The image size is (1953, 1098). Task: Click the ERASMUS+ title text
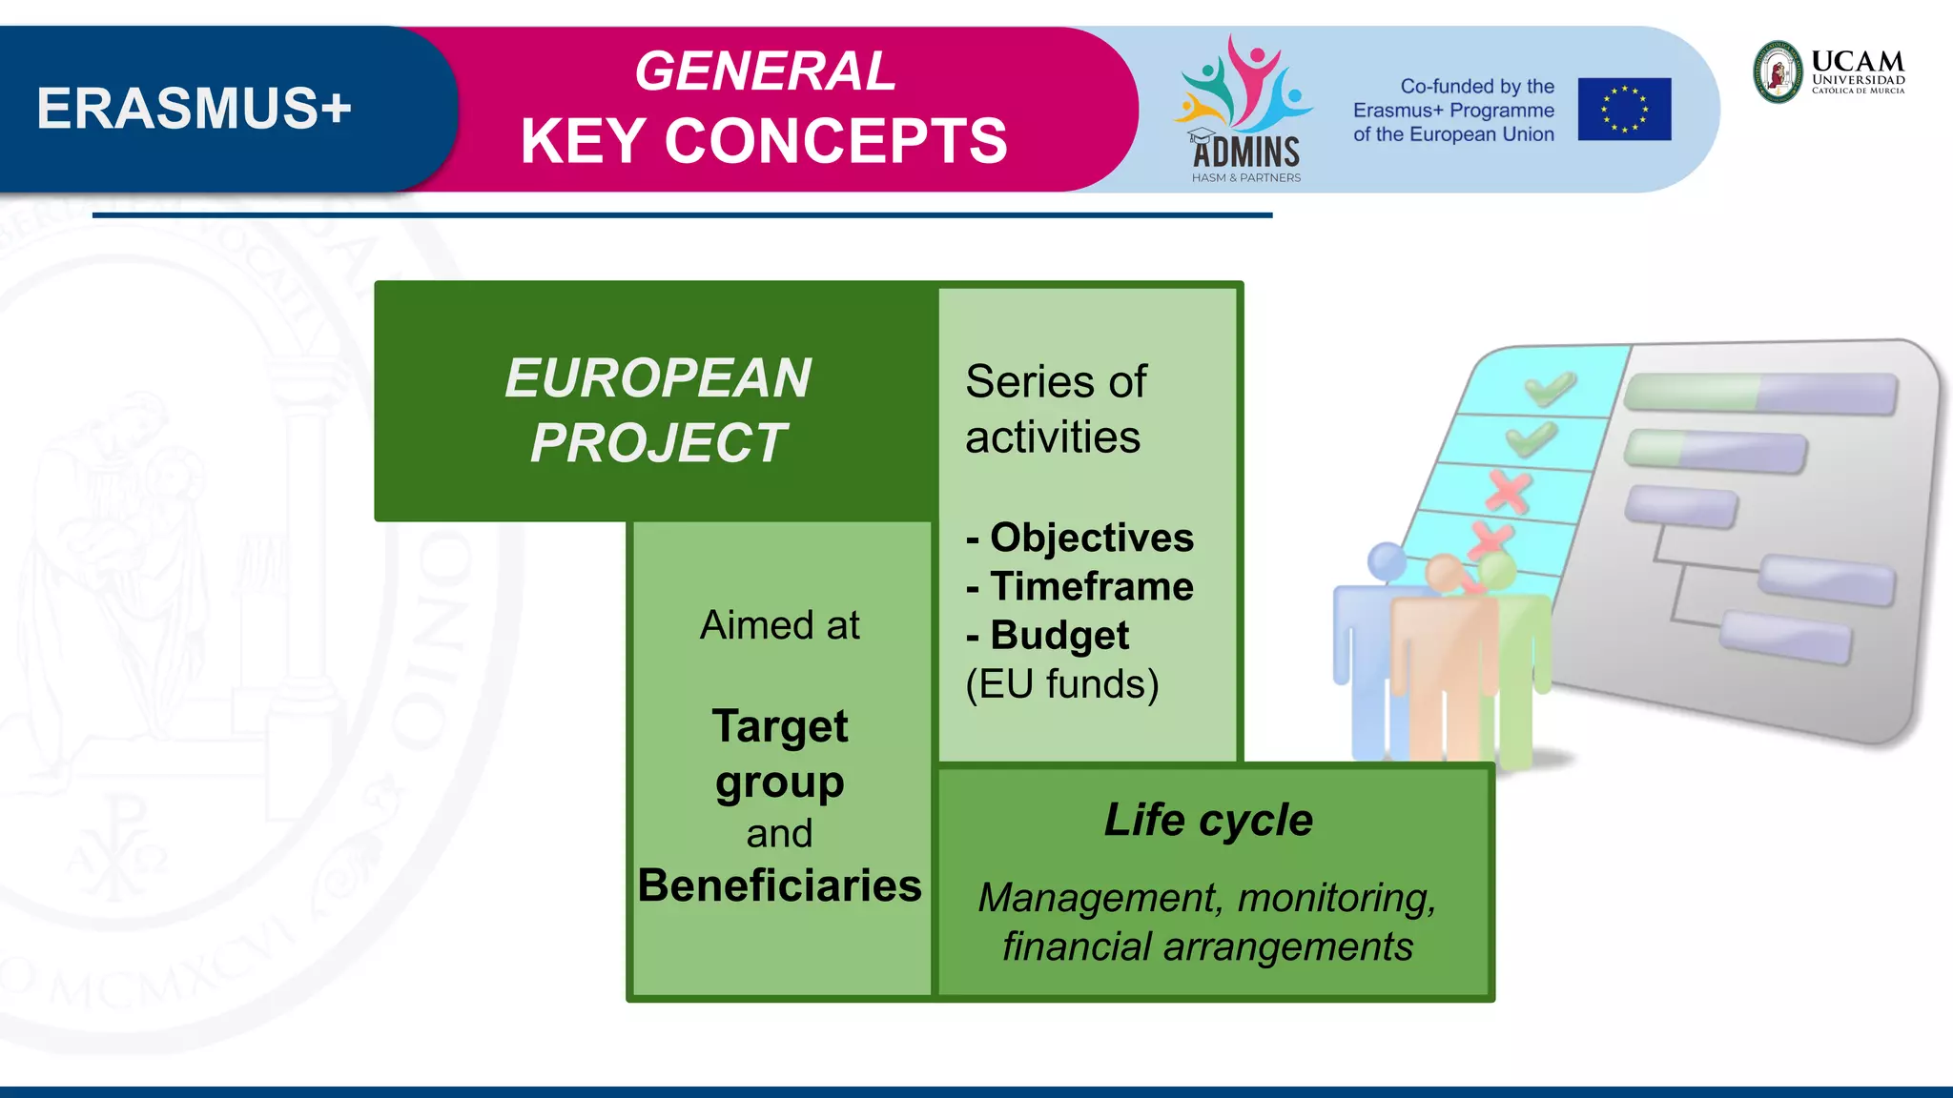point(195,109)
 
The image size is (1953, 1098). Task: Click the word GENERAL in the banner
point(766,71)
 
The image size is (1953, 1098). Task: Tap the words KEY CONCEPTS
point(764,141)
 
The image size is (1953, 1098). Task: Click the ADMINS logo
point(1245,110)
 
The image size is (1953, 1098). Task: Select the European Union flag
point(1624,110)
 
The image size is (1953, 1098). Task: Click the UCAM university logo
point(1829,71)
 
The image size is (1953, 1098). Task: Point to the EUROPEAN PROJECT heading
point(658,410)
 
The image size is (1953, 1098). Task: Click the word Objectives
point(1091,538)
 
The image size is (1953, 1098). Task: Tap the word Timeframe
point(1091,586)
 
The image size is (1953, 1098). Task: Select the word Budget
point(1059,636)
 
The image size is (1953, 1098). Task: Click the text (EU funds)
point(1062,684)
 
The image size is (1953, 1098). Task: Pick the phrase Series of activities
point(1056,409)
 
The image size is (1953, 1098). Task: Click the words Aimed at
point(779,625)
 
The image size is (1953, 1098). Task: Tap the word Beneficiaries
point(779,885)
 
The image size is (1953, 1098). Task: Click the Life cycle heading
point(1208,820)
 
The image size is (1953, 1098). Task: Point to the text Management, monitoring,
point(1207,898)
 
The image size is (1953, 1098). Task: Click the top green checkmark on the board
point(1550,387)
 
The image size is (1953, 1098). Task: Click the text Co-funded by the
point(1476,87)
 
